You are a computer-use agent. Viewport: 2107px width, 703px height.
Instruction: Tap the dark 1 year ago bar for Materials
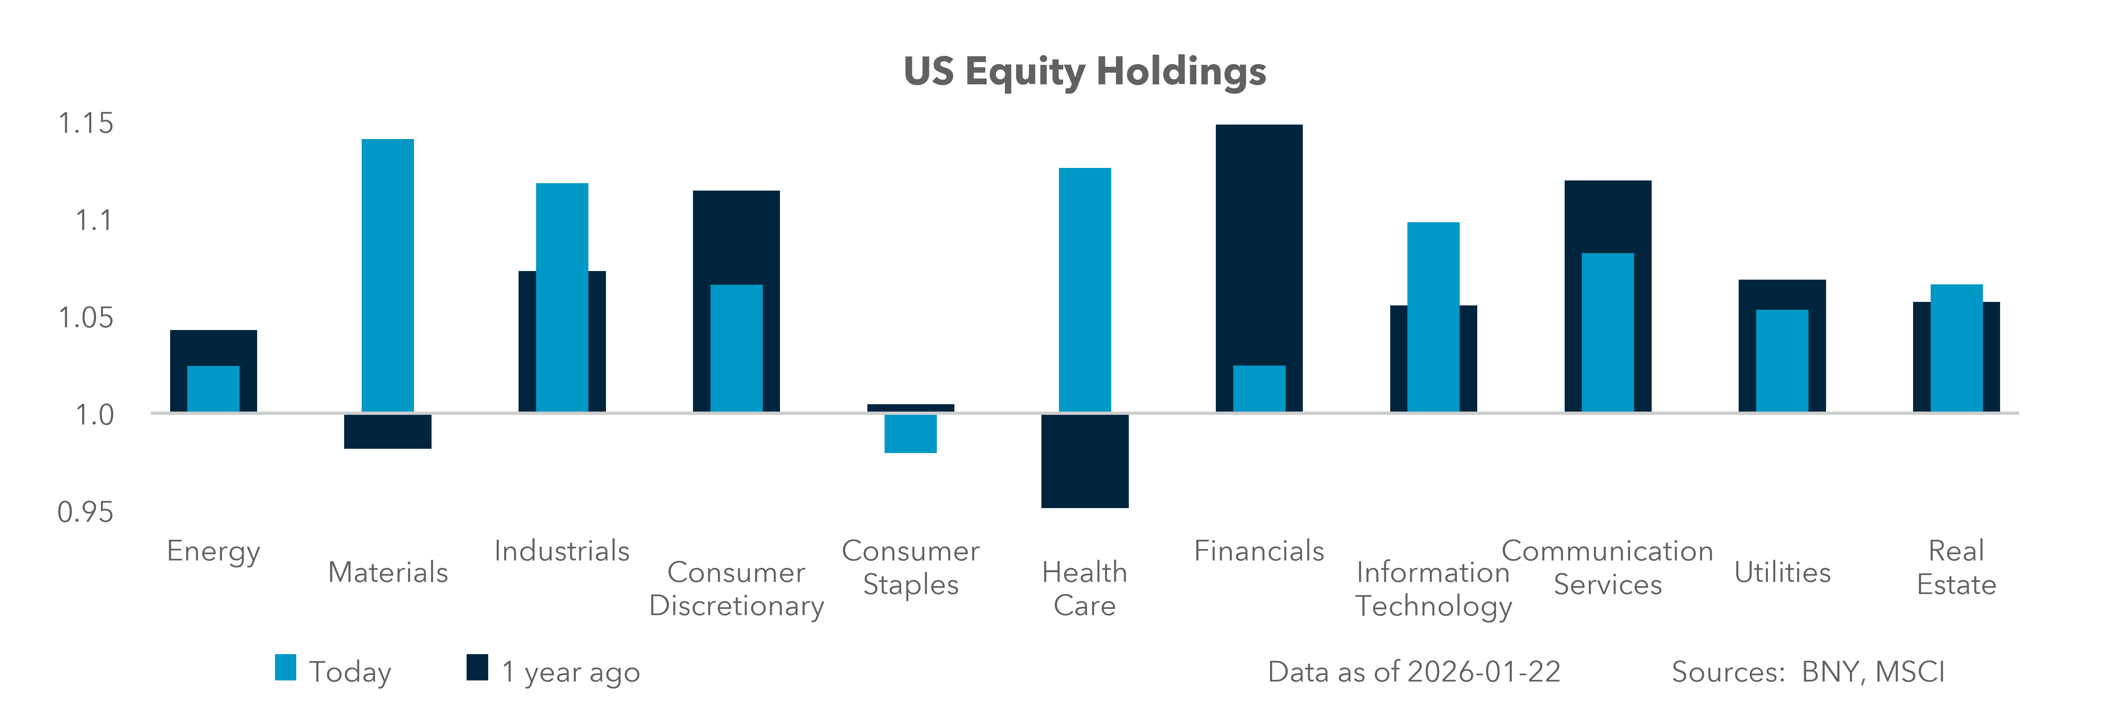pos(388,431)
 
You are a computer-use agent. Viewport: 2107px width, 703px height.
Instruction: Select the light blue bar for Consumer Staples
pos(910,434)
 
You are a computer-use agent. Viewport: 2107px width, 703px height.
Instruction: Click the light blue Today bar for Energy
pos(213,389)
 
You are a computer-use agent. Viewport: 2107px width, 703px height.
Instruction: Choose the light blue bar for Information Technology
pos(1433,317)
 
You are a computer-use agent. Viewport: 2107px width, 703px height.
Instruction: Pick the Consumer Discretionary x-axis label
pos(736,589)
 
